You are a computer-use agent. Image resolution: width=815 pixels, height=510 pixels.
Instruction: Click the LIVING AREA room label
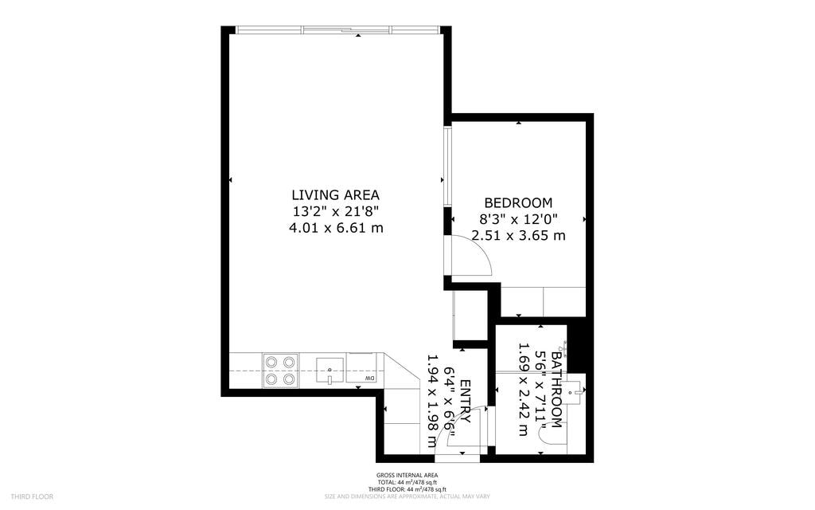click(335, 194)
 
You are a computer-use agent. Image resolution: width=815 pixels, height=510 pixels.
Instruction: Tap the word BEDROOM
click(517, 203)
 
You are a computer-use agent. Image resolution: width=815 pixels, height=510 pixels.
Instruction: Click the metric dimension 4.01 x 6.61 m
click(336, 228)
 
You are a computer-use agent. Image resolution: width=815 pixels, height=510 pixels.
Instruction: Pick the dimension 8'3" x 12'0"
click(518, 219)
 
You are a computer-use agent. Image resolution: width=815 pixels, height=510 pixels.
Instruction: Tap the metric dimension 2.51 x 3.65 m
click(518, 236)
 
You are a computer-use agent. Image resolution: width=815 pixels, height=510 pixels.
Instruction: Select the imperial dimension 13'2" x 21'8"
click(335, 211)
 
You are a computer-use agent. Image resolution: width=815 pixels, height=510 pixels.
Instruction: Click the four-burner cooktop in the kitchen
click(280, 371)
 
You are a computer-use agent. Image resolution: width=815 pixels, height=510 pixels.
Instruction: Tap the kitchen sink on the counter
click(329, 371)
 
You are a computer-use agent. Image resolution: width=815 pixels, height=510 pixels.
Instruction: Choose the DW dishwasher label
click(370, 378)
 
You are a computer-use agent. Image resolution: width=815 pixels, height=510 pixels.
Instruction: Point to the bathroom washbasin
click(578, 390)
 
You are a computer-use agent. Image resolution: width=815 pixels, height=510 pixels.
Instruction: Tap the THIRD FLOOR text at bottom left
click(33, 496)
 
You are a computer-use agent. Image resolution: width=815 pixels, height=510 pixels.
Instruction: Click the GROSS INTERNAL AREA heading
click(407, 476)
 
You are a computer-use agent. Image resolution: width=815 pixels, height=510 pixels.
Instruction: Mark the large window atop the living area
click(337, 30)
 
